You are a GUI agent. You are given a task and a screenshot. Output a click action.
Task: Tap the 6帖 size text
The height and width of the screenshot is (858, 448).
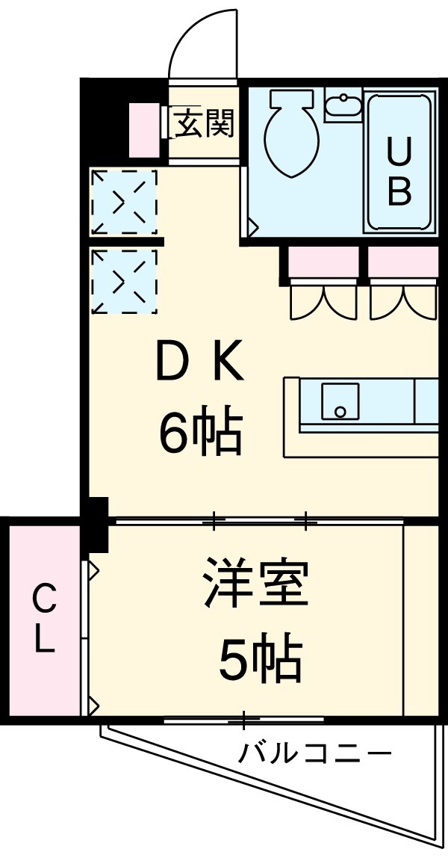tap(199, 433)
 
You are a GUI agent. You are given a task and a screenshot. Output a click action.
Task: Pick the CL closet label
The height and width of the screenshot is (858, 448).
tap(44, 619)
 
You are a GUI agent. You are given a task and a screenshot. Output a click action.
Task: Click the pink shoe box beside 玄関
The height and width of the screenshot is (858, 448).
tap(144, 123)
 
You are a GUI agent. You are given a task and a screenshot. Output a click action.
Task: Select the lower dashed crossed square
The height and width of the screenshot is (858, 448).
tap(123, 280)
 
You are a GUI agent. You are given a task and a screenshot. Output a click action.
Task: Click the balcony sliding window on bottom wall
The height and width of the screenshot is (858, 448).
tap(243, 720)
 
